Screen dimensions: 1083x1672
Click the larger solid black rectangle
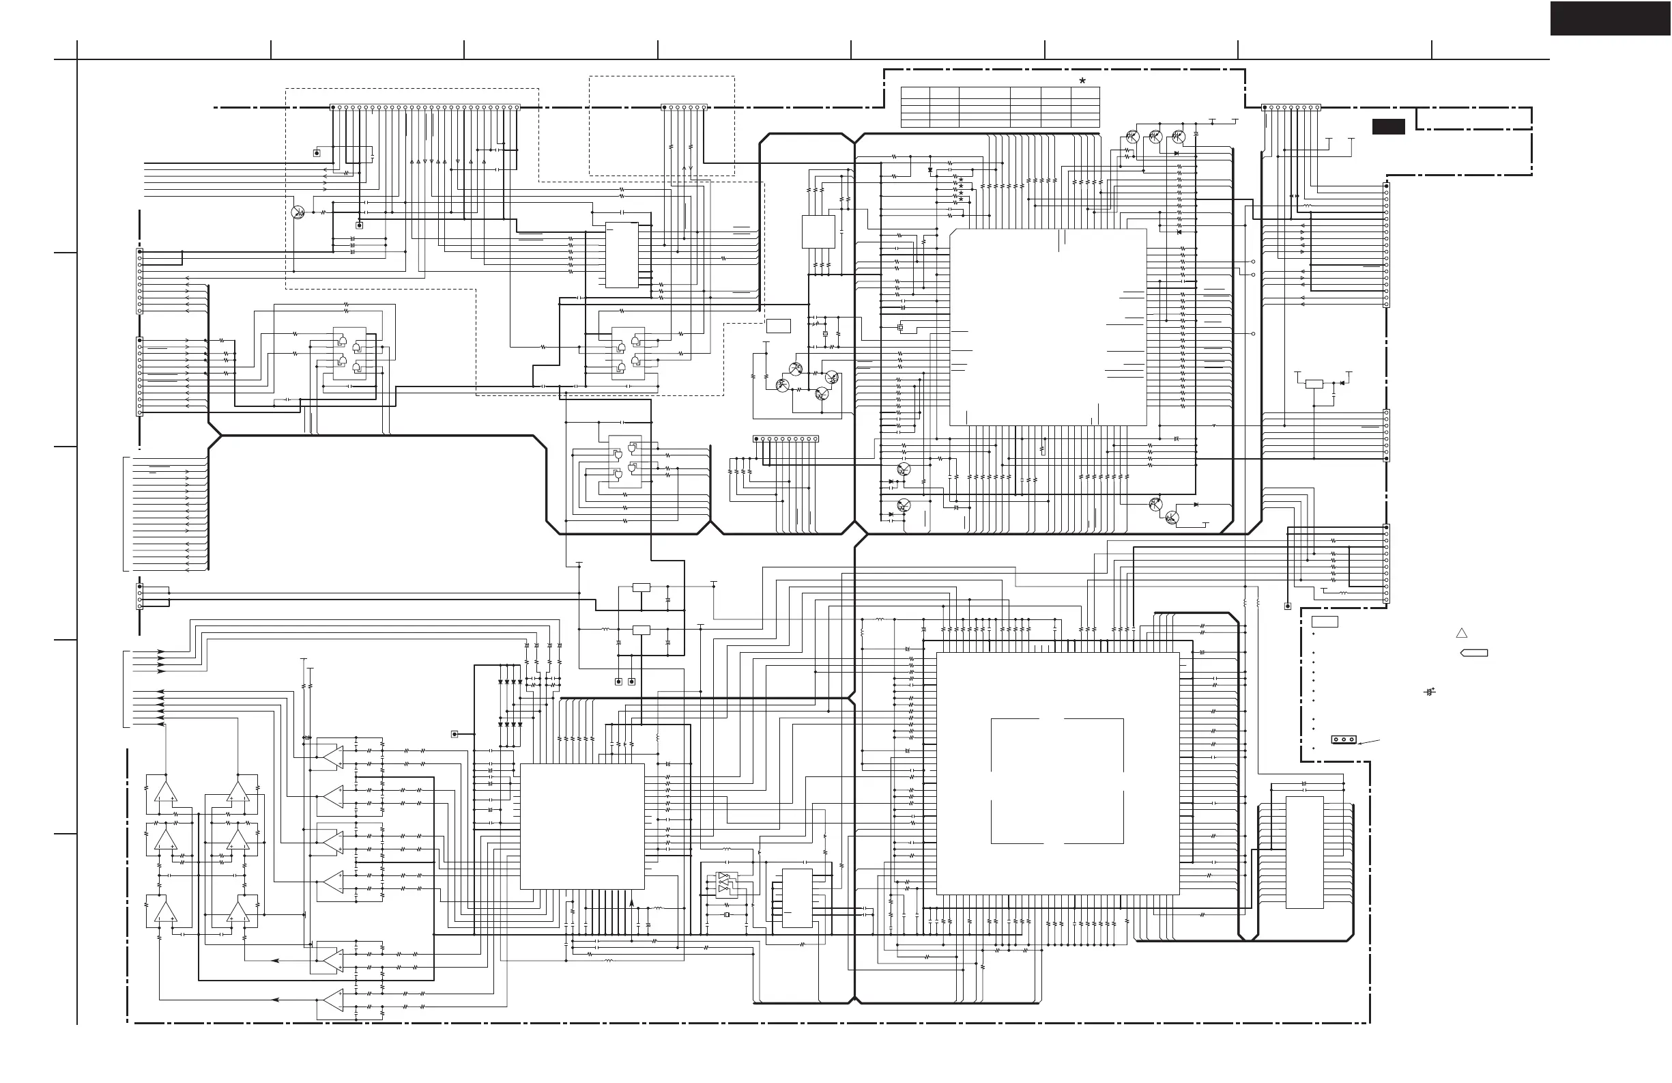tap(1610, 18)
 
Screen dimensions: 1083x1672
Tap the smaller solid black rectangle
tap(1388, 126)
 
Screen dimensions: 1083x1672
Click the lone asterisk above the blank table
tap(1082, 81)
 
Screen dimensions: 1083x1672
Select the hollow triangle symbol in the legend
tap(1461, 633)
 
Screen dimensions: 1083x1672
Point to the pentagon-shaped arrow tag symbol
tap(1474, 653)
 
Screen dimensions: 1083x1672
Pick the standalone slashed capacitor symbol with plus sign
tap(1429, 692)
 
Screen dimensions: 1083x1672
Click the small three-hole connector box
tap(1343, 740)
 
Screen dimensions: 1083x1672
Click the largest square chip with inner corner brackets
tap(1057, 773)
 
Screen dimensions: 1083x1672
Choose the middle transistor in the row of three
tap(1155, 137)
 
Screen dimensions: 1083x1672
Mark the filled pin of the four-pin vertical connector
tap(140, 586)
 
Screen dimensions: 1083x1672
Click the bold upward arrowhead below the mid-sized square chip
tap(631, 903)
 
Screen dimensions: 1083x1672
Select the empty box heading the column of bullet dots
tap(1324, 621)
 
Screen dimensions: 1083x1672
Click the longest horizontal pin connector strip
tap(425, 107)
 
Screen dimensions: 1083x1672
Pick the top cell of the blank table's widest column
tap(984, 92)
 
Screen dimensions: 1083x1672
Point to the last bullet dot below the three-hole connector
tap(1313, 748)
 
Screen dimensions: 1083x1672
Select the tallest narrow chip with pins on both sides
tap(1305, 852)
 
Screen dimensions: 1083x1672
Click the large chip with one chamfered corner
tap(1048, 327)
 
